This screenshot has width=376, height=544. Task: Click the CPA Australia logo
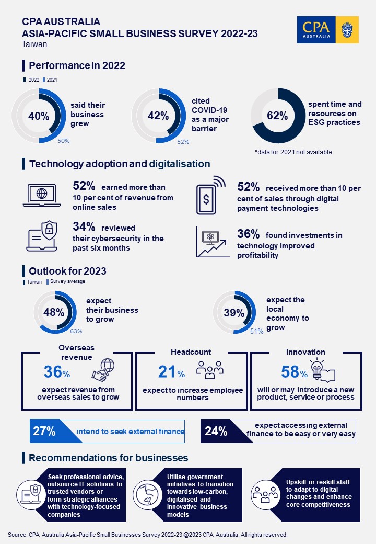(328, 30)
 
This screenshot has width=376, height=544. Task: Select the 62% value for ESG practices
(277, 116)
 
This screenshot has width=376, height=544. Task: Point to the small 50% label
(64, 141)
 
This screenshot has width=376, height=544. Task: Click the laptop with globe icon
(42, 194)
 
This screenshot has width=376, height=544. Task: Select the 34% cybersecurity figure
(84, 227)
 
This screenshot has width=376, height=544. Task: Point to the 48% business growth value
(54, 313)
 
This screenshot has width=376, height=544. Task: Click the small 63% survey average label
(76, 331)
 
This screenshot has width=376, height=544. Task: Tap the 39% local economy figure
(234, 313)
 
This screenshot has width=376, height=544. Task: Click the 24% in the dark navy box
(216, 432)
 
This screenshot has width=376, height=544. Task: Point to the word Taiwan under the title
(34, 44)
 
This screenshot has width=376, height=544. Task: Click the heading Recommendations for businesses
(108, 458)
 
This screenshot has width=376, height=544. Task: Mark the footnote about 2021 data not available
(293, 152)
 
